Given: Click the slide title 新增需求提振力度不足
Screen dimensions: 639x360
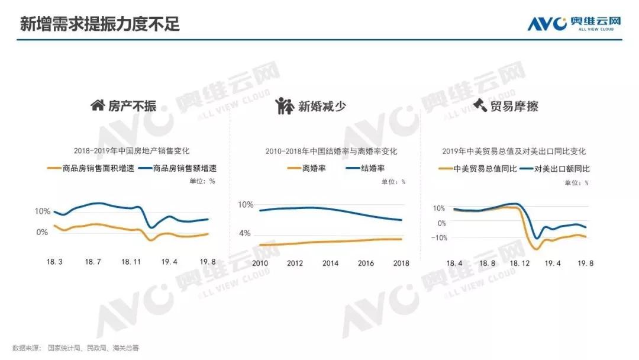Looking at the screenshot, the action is point(100,24).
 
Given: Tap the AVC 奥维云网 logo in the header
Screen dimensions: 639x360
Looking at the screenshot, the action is point(574,23).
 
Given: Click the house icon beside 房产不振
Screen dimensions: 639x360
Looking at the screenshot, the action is point(98,105).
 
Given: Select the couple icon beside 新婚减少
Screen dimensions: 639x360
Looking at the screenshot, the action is point(284,106).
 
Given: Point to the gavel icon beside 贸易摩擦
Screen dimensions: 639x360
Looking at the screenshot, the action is point(480,104).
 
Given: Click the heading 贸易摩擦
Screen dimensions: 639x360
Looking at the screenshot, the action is point(514,107).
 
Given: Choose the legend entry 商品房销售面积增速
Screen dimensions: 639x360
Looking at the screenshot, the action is point(91,168).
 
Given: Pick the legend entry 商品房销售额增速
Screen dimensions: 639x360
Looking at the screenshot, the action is point(177,168).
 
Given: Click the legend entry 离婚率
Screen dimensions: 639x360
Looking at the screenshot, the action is point(306,168).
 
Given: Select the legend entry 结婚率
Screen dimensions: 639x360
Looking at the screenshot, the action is point(365,168).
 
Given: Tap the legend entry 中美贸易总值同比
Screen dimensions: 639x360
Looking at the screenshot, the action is point(477,169).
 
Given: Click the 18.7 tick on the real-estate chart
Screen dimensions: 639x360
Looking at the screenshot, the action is point(93,262).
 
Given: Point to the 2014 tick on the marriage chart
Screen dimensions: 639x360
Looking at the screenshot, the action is point(330,263).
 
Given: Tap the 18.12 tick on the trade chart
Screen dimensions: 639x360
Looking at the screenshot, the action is point(519,263).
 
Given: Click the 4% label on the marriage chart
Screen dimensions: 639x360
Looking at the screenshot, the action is point(245,234).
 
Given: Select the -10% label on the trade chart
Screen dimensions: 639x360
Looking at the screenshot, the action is point(439,237).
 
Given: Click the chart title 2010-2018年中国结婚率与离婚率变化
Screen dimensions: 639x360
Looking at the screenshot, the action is point(331,151).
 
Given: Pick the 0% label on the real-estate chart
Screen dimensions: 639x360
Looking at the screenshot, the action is point(42,232).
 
